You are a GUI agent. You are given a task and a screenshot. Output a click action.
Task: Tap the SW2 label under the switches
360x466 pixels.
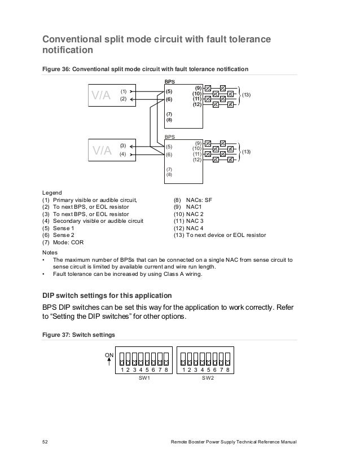pyautogui.click(x=208, y=381)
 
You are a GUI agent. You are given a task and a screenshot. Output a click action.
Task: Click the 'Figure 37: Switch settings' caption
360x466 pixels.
pyautogui.click(x=79, y=335)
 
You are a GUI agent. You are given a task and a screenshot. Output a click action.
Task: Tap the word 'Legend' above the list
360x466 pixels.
pyautogui.click(x=52, y=192)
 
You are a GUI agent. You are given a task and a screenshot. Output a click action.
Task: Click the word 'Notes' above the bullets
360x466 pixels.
pyautogui.click(x=50, y=252)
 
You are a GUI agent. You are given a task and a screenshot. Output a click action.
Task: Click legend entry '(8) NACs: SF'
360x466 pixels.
pyautogui.click(x=193, y=200)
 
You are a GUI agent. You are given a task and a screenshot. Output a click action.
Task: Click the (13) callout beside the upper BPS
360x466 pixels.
pyautogui.click(x=247, y=96)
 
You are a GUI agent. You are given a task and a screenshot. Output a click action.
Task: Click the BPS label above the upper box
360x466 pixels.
pyautogui.click(x=169, y=82)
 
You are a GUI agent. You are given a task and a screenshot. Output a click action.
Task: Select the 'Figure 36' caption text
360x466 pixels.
pyautogui.click(x=145, y=69)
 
